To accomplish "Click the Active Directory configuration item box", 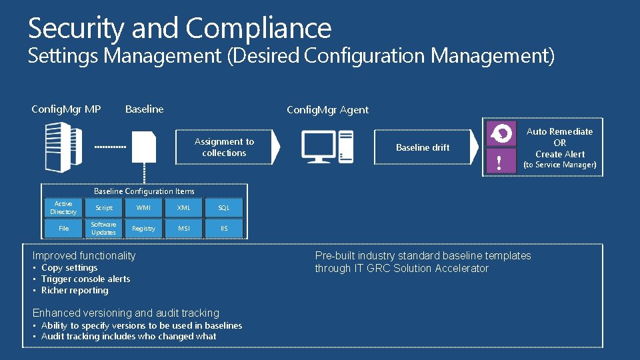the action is tap(63, 208).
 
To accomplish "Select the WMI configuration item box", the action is tap(143, 208).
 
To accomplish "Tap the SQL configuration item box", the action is tap(224, 208).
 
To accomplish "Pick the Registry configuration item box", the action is tap(143, 229).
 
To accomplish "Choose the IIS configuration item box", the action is tap(224, 229).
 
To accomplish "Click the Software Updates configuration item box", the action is tap(103, 229).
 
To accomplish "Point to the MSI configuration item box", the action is tap(184, 229).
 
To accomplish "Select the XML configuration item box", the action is tap(184, 208).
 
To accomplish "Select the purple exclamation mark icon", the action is tap(499, 161).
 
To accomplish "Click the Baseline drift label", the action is tap(423, 147).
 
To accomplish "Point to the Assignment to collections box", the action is tap(224, 147).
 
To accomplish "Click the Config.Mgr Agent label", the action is tap(327, 110).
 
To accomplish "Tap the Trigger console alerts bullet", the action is tap(85, 279).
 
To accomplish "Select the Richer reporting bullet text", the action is tap(75, 291).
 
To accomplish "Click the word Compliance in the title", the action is tap(258, 29).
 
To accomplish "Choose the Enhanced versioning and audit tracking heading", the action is tap(126, 313).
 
